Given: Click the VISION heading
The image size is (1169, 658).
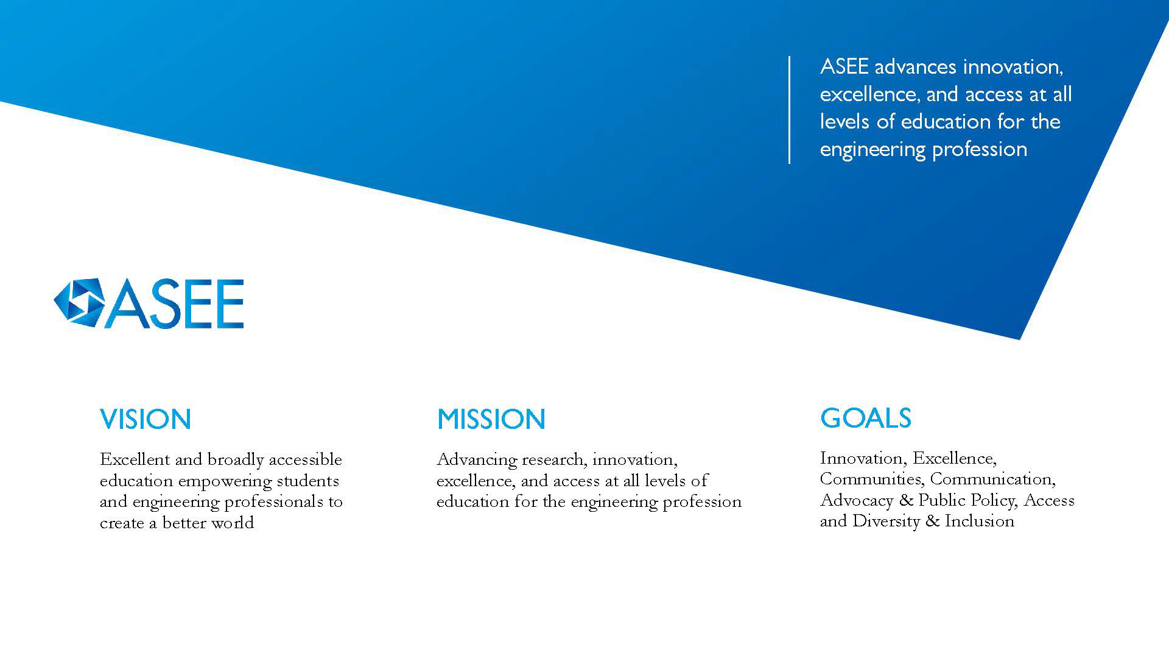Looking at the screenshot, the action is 146,419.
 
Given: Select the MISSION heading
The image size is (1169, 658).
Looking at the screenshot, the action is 491,419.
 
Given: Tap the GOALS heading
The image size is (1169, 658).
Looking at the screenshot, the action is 865,418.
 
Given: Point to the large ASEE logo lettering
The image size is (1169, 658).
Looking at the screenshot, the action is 175,304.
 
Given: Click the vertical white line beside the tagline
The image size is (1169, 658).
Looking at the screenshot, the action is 790,110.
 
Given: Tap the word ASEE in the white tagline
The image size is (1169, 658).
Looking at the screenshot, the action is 844,66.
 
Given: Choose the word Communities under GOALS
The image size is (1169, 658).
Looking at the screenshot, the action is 871,479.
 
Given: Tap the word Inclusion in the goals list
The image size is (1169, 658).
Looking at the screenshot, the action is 980,521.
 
